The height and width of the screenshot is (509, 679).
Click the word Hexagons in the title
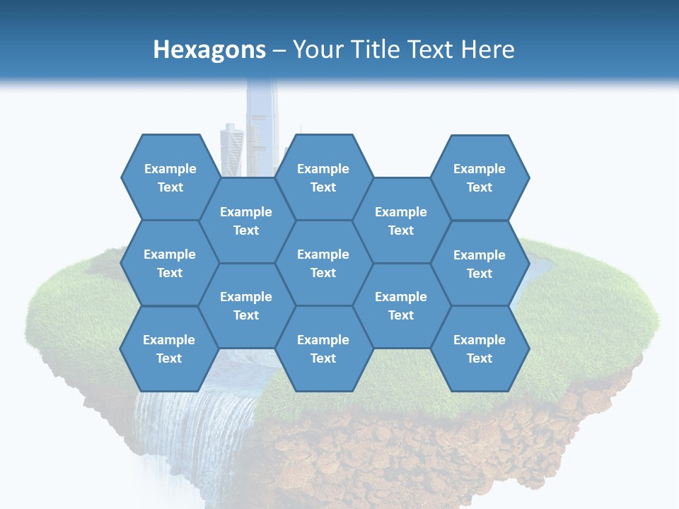click(x=209, y=49)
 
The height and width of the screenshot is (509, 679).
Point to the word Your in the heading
click(x=318, y=49)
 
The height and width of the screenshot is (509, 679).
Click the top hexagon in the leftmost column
click(x=170, y=177)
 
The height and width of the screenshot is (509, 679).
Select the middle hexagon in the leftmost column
click(x=170, y=263)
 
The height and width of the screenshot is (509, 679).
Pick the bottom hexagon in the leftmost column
click(x=169, y=349)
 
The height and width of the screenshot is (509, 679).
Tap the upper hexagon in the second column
click(x=246, y=221)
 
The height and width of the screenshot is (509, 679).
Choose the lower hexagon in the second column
click(x=246, y=305)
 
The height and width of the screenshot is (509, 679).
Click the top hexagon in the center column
click(x=323, y=177)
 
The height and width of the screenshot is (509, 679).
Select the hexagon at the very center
click(x=323, y=263)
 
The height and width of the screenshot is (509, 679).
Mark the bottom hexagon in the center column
click(x=323, y=349)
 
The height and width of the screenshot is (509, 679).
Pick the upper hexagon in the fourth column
click(x=401, y=221)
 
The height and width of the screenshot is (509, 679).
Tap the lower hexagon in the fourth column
click(x=401, y=305)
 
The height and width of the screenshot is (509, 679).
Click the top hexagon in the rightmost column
click(x=480, y=177)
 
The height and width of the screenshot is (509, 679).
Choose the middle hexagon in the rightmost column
click(x=480, y=264)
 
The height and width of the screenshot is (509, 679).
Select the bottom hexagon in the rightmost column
click(x=480, y=349)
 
